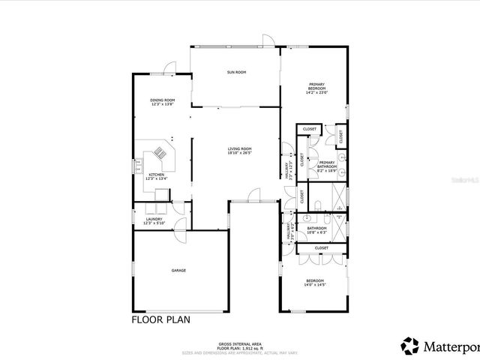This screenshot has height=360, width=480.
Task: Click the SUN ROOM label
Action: (237, 72)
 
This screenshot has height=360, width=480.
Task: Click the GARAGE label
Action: (178, 270)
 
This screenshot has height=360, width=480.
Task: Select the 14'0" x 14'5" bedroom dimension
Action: (315, 284)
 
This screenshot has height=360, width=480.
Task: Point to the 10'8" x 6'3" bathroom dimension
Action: (316, 232)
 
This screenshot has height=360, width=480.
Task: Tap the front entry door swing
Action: (251, 196)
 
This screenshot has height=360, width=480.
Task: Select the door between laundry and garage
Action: (179, 233)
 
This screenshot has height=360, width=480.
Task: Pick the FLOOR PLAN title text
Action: (161, 319)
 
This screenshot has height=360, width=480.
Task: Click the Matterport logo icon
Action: (410, 346)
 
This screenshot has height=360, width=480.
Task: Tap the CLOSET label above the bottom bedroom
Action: (321, 247)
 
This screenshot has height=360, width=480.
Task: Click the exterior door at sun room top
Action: (265, 41)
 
